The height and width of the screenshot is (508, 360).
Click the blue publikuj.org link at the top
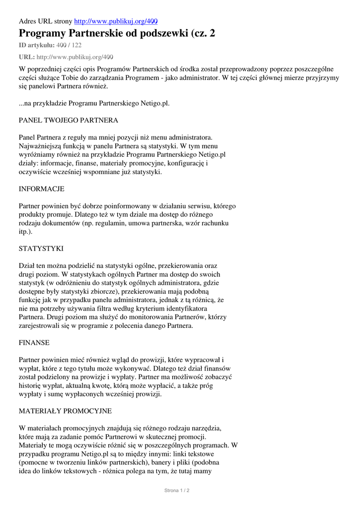[116, 21]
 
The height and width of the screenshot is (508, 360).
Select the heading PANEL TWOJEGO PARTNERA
[68, 121]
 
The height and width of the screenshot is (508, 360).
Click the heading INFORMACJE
[41, 189]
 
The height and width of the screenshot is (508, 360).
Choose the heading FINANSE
[34, 343]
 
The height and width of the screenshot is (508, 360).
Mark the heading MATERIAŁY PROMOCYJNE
[65, 411]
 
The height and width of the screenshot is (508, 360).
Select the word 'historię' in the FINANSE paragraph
[32, 385]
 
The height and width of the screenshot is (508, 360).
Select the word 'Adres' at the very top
[28, 21]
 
